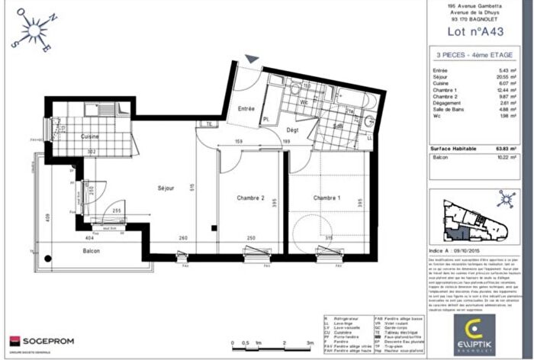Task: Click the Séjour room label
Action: click(x=166, y=188)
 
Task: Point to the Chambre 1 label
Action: click(x=325, y=198)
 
